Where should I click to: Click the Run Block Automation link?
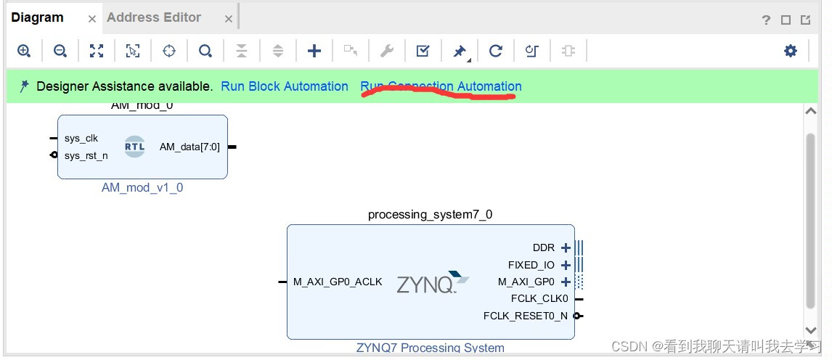[285, 86]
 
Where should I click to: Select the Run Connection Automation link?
[441, 86]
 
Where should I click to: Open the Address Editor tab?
[154, 17]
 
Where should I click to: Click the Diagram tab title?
[37, 17]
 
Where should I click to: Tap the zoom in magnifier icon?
[24, 51]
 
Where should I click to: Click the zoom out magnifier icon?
[60, 51]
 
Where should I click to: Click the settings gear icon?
[791, 51]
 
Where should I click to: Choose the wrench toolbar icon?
[387, 51]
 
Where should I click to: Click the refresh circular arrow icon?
[496, 51]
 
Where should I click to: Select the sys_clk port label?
[81, 138]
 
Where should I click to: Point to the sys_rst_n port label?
[86, 155]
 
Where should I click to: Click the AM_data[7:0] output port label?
[189, 147]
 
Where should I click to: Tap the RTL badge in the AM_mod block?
[134, 146]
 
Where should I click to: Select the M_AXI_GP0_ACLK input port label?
[338, 282]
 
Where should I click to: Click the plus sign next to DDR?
[566, 247]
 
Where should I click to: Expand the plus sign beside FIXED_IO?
[566, 265]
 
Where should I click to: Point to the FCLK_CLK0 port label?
[539, 298]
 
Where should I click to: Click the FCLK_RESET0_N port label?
[526, 316]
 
